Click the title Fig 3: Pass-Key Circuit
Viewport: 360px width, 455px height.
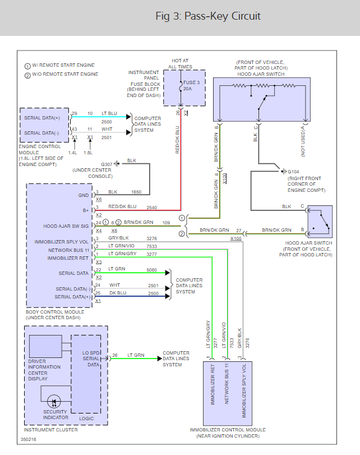tap(208, 16)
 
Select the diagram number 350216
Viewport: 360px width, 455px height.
tap(29, 440)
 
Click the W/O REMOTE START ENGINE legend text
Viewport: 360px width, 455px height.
tap(64, 74)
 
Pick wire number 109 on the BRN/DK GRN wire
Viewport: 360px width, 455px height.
tap(165, 223)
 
